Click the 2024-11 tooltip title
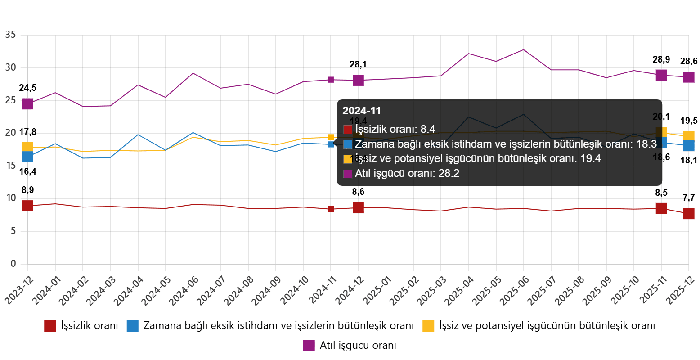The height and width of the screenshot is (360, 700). coord(362,111)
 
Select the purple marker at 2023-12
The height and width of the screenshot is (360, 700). coord(28,103)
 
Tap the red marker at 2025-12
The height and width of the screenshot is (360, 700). coord(689,214)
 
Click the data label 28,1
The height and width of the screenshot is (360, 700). coord(358,65)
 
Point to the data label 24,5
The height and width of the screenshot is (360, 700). coord(28,88)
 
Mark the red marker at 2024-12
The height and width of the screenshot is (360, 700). coord(358,208)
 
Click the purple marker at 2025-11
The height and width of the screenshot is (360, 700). coord(661,75)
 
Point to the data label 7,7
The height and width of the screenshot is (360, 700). coord(689,198)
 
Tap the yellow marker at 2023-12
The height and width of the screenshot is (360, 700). coord(28,147)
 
